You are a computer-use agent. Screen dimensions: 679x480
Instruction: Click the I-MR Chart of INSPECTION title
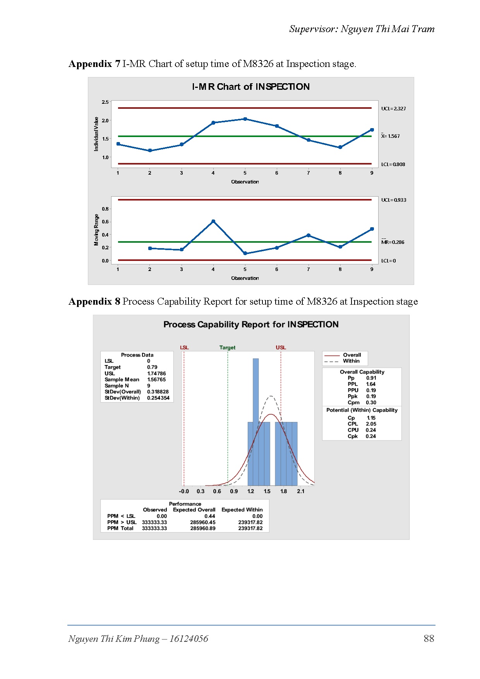click(x=251, y=87)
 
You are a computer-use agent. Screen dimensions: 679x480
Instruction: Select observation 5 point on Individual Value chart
click(x=245, y=119)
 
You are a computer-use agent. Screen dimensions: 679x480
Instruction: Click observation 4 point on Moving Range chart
click(x=213, y=221)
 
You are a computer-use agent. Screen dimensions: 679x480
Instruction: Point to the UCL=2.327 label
click(x=393, y=109)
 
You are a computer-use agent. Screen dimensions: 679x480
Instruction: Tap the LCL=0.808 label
click(x=393, y=165)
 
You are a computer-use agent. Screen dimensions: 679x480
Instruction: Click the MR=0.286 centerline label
click(x=393, y=242)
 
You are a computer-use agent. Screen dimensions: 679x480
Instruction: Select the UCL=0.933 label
click(x=393, y=200)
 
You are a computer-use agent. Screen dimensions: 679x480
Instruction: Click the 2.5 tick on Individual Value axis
click(x=105, y=102)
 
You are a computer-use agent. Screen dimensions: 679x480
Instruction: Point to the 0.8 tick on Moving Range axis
click(x=105, y=209)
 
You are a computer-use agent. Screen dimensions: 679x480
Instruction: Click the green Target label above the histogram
click(x=227, y=348)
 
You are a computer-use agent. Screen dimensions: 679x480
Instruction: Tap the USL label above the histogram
click(x=281, y=348)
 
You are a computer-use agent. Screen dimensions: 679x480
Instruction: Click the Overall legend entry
click(x=351, y=355)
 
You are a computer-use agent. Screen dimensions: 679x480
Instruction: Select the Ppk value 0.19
click(x=371, y=396)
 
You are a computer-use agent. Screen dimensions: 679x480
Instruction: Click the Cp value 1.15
click(x=371, y=418)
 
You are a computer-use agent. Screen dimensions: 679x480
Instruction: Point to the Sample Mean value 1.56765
click(x=156, y=380)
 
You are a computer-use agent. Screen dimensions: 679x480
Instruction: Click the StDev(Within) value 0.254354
click(x=158, y=398)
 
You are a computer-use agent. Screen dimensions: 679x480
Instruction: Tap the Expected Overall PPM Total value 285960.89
click(x=202, y=528)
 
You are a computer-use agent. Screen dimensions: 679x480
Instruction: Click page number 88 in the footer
click(x=429, y=639)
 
